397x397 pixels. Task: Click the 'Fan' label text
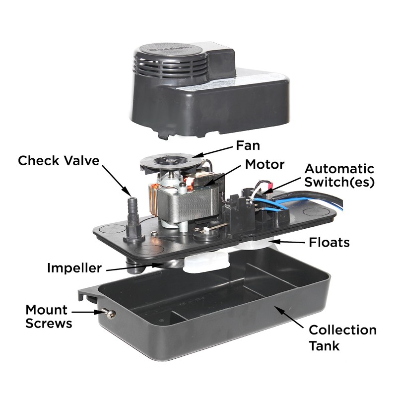(x=248, y=145)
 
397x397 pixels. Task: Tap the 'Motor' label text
(x=265, y=165)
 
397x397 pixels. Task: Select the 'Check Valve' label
(x=59, y=161)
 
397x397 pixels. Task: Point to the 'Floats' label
(x=329, y=243)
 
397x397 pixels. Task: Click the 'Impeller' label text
(x=74, y=268)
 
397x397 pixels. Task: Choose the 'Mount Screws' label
(x=49, y=317)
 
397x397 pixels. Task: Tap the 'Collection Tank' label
(x=342, y=338)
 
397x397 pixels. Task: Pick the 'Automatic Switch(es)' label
(x=339, y=176)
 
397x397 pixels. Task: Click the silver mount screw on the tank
(x=109, y=313)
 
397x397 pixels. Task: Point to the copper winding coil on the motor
(x=153, y=199)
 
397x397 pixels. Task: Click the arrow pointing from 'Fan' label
(x=214, y=152)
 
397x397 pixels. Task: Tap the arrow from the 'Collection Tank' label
(x=289, y=317)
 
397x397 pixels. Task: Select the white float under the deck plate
(x=205, y=263)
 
